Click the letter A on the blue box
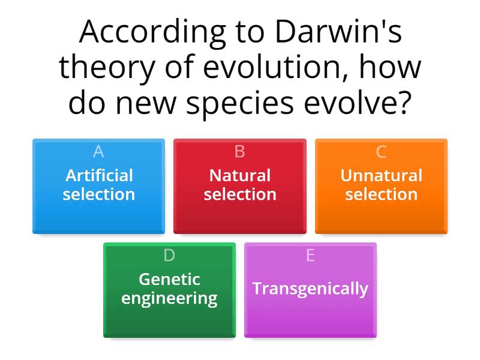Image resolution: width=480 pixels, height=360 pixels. [x=98, y=152]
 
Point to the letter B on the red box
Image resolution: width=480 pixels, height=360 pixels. [x=240, y=152]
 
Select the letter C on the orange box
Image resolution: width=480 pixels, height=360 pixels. [x=381, y=152]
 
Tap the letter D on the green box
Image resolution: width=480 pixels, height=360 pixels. [x=169, y=256]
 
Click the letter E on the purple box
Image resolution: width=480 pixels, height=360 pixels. [x=310, y=256]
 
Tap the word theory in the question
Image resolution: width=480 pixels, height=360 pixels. [x=101, y=68]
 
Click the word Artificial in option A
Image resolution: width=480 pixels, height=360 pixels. [x=99, y=176]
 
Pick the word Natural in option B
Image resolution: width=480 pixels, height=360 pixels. [x=240, y=176]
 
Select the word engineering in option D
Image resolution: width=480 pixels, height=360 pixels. [x=169, y=298]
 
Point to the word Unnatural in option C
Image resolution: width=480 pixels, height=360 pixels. [x=381, y=176]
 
